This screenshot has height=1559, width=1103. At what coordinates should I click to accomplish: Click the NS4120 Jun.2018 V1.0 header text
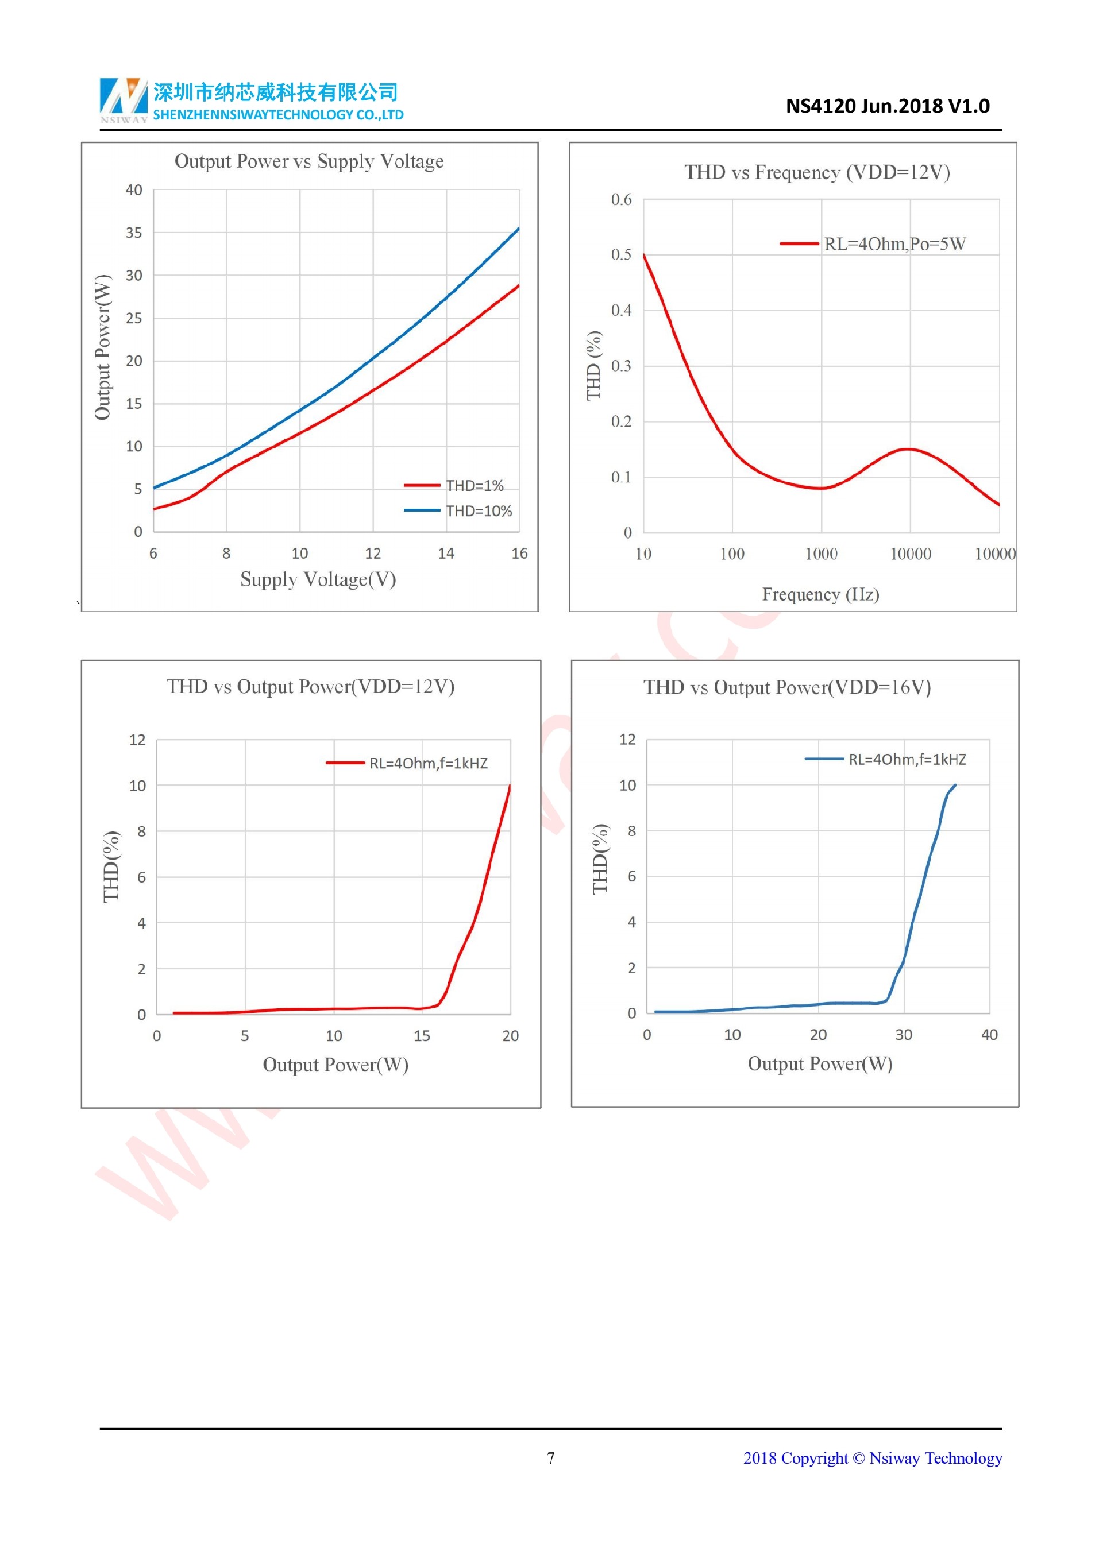pos(887,106)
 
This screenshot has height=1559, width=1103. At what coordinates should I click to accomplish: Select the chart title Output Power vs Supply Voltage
pos(309,161)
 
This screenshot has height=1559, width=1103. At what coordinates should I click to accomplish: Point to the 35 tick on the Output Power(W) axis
pos(134,233)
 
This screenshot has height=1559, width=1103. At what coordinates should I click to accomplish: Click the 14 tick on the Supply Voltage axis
pos(446,554)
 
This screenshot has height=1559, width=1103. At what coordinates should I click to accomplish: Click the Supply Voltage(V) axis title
pos(318,579)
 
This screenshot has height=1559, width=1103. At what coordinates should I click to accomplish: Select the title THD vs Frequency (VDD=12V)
pos(816,172)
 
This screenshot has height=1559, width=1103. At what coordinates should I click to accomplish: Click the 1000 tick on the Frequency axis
pos(821,554)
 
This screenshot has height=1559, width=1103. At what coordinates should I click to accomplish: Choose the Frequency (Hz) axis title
pos(820,595)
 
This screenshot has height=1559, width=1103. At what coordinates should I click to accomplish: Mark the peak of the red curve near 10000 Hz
pos(908,449)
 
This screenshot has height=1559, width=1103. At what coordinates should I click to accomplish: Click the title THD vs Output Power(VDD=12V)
pos(310,686)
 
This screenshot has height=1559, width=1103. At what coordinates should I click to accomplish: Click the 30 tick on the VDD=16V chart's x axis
pos(903,1035)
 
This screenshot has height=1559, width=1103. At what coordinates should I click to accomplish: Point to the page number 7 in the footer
pos(551,1458)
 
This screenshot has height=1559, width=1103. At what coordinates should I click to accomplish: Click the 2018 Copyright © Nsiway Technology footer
pos(872,1458)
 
